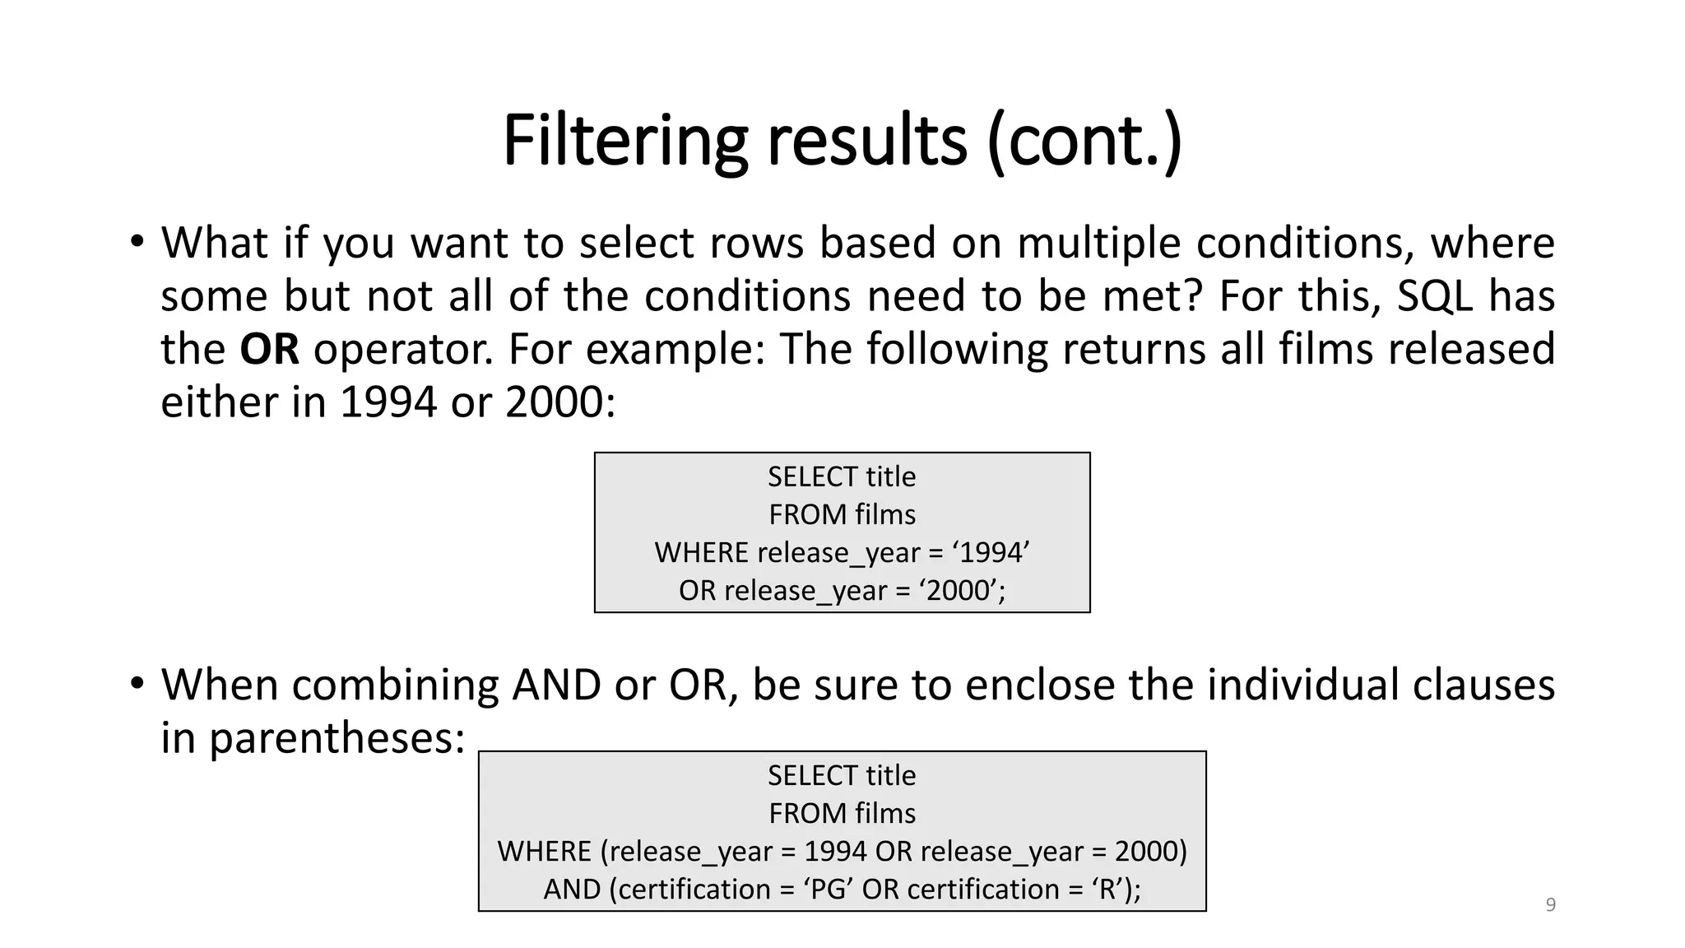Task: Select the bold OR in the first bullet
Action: (269, 349)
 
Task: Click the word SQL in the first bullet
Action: (1434, 296)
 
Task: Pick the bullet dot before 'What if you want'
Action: (137, 243)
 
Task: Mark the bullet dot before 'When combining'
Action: (137, 684)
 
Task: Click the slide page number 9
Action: (1550, 905)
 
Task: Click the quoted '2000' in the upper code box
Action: (958, 590)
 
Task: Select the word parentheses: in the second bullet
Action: (337, 737)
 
